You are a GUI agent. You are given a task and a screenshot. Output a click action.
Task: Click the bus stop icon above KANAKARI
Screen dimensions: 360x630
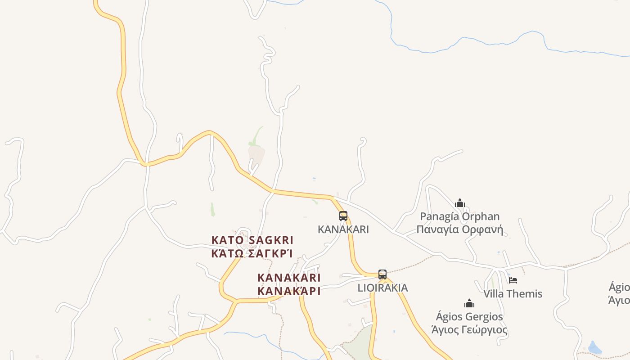(x=343, y=216)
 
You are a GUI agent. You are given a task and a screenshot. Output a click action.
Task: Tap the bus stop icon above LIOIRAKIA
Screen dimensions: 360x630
(x=382, y=274)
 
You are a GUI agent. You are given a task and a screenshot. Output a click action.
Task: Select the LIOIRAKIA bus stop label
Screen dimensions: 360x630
(x=382, y=288)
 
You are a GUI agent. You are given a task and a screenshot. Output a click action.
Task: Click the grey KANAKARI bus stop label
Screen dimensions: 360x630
(x=343, y=229)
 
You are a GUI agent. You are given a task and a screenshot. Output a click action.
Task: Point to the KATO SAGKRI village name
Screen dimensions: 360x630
(x=252, y=240)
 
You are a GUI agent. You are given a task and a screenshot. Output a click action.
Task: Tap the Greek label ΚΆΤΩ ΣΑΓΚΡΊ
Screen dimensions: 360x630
(x=252, y=253)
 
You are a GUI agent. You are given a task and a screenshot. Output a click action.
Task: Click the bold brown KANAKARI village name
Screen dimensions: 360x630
(x=289, y=277)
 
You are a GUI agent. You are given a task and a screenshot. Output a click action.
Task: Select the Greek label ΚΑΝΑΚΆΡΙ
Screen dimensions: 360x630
(x=289, y=291)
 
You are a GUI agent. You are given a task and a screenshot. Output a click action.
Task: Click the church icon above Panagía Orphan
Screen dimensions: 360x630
(x=459, y=203)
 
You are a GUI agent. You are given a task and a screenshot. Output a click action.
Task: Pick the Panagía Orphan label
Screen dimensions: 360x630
(x=459, y=216)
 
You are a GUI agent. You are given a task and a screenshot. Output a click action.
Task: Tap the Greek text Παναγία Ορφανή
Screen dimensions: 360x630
(x=459, y=229)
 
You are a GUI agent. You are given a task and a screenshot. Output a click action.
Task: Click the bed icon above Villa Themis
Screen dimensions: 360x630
(x=513, y=280)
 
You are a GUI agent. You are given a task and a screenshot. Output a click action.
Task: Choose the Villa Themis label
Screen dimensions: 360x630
(x=513, y=294)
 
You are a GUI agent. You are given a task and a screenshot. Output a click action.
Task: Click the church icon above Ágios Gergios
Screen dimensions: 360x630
(x=469, y=303)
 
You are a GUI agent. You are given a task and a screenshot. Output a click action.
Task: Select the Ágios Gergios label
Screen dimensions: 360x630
(x=469, y=316)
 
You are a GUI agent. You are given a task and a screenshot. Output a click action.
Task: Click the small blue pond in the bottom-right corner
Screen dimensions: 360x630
(x=594, y=348)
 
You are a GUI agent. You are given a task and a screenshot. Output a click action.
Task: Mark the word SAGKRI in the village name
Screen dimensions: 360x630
(x=271, y=240)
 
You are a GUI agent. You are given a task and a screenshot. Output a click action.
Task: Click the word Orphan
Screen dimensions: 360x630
(x=481, y=216)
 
